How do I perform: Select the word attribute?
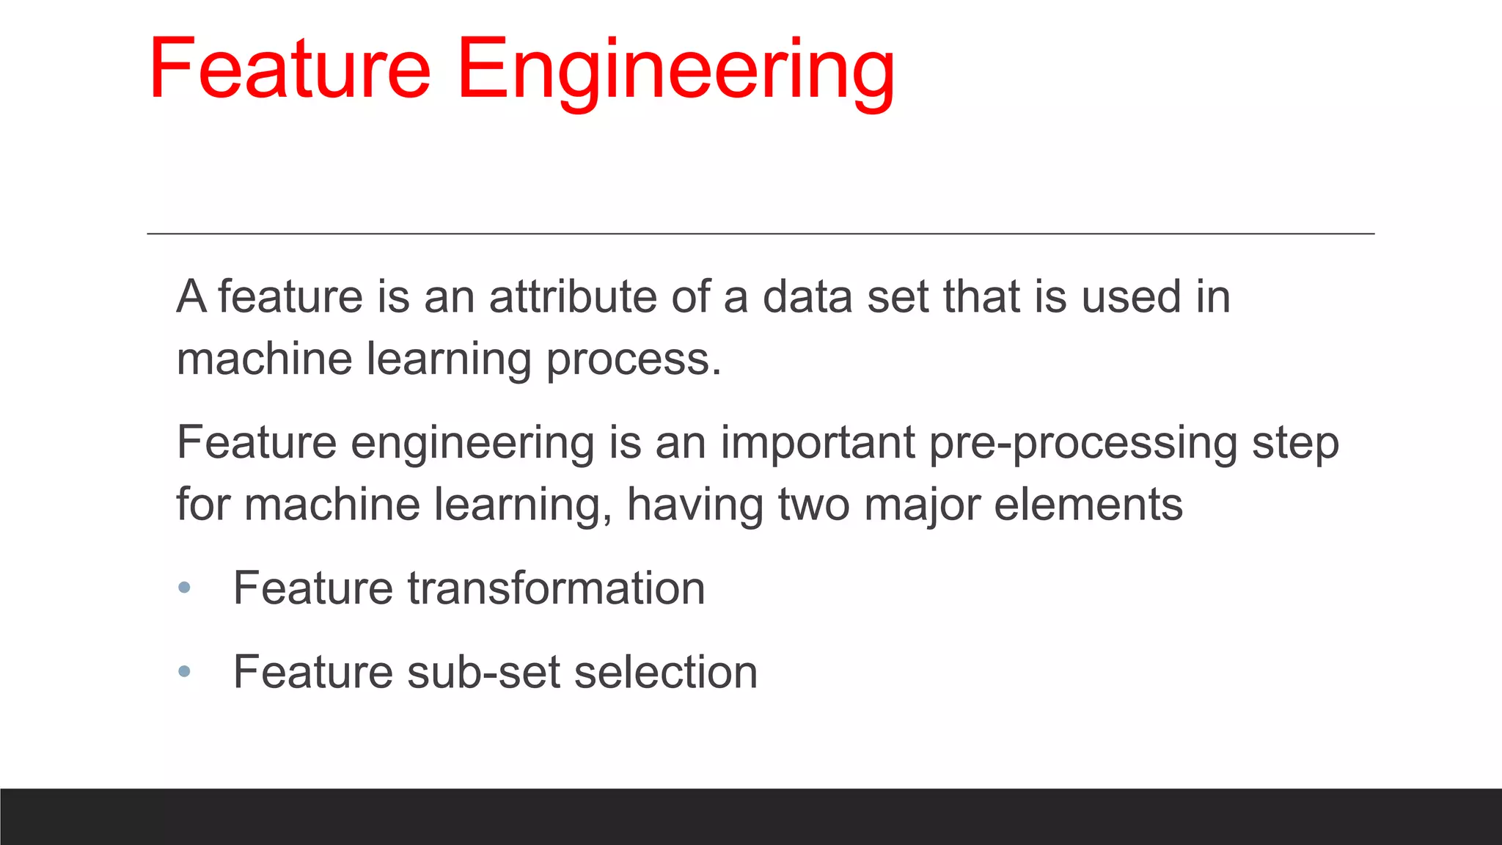pyautogui.click(x=572, y=297)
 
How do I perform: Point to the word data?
pyautogui.click(x=807, y=297)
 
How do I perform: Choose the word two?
pyautogui.click(x=813, y=505)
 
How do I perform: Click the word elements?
pyautogui.click(x=1088, y=505)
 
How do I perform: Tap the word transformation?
pyautogui.click(x=556, y=588)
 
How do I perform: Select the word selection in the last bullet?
pyautogui.click(x=665, y=672)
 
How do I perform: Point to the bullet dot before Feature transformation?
pyautogui.click(x=184, y=588)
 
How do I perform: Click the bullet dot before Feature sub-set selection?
pyautogui.click(x=184, y=671)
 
